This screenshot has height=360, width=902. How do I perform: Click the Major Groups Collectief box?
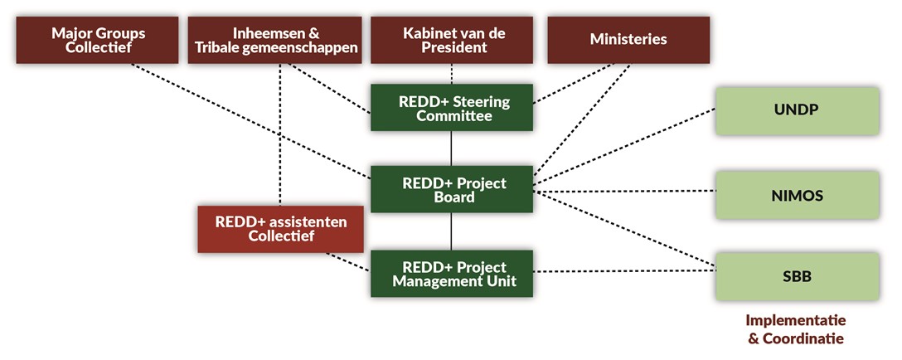[x=98, y=41]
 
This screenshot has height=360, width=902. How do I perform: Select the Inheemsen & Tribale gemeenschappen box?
[x=276, y=41]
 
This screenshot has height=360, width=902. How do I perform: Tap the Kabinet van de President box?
[x=453, y=41]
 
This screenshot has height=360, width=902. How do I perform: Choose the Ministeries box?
[x=628, y=40]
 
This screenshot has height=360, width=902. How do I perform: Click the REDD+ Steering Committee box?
[x=452, y=109]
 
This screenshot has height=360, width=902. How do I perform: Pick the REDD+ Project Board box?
[x=452, y=190]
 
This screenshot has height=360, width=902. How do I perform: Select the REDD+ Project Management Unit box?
[x=452, y=274]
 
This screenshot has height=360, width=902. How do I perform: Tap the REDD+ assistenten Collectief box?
[x=280, y=229]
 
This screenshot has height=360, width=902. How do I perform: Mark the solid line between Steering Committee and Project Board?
[x=452, y=149]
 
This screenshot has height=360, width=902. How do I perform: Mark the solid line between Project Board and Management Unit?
[x=452, y=231]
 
